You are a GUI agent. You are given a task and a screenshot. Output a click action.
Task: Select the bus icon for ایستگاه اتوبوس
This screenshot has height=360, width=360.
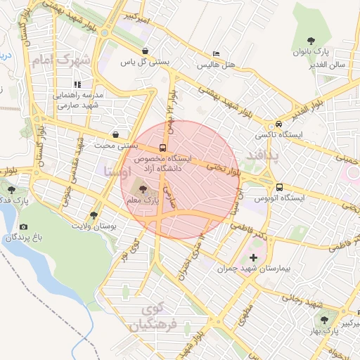click(280, 188)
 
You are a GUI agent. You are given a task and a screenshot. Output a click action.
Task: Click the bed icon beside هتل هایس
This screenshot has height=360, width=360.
click(216, 54)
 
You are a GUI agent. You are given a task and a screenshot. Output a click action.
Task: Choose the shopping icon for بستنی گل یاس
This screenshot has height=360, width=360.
click(145, 51)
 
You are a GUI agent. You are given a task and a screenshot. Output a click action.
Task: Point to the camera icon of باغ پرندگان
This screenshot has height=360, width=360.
click(24, 227)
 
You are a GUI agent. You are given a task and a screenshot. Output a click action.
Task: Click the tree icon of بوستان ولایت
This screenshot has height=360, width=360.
click(94, 216)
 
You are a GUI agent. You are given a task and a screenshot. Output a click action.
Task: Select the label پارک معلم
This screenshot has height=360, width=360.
click(143, 201)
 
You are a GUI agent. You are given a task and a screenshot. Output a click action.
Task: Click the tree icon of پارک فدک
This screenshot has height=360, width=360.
click(11, 188)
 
